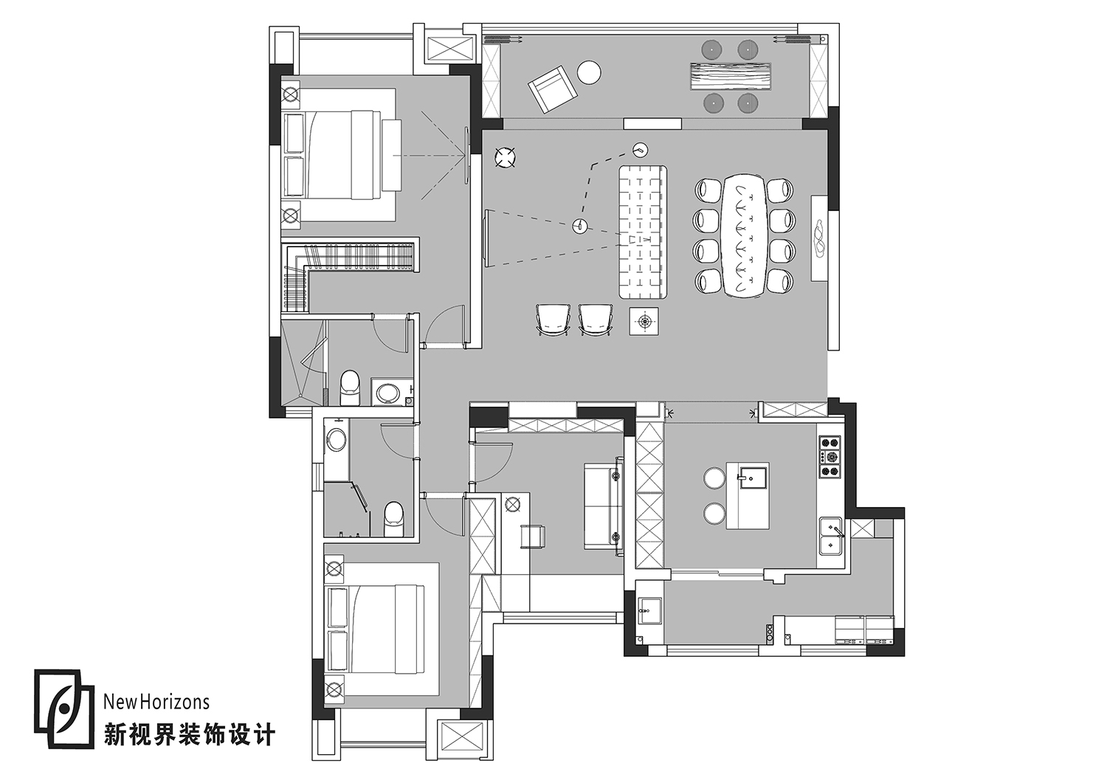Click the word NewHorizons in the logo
click(x=156, y=702)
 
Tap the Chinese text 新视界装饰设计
click(x=189, y=734)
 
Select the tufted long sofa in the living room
click(x=643, y=232)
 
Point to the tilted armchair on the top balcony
click(x=552, y=89)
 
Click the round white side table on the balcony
click(x=589, y=73)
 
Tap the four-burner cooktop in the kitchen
click(x=830, y=457)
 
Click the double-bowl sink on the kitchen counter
click(x=832, y=537)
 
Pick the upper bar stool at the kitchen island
click(x=714, y=478)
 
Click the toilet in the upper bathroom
click(x=349, y=387)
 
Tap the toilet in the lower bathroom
click(x=394, y=517)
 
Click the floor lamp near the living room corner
click(x=505, y=156)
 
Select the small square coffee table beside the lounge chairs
click(x=646, y=321)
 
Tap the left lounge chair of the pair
click(x=553, y=320)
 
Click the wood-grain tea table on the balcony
click(x=731, y=77)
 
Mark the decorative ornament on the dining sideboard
click(x=818, y=237)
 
